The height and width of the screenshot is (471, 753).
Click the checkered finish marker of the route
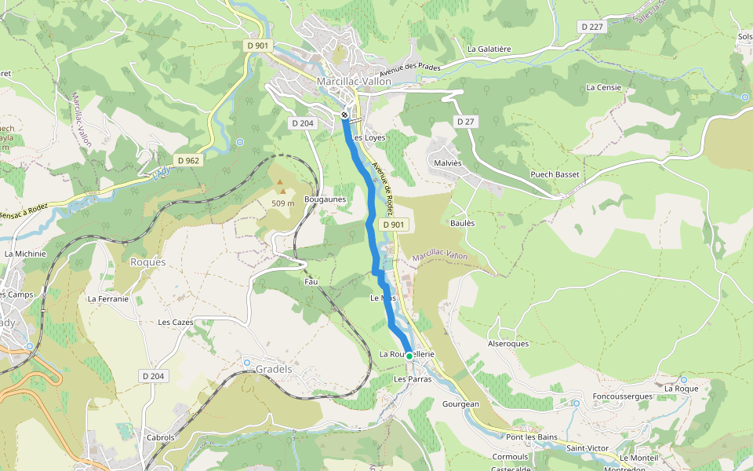click(345, 115)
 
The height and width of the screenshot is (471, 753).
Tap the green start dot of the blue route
click(409, 356)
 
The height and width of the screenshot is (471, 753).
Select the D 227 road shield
click(594, 27)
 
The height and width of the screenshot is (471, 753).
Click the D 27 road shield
click(466, 122)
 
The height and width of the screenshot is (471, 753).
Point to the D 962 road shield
click(189, 160)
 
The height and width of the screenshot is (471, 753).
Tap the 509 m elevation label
click(282, 203)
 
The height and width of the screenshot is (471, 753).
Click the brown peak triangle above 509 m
click(280, 182)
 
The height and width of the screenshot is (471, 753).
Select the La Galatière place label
click(489, 49)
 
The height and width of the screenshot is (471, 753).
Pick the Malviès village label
click(448, 163)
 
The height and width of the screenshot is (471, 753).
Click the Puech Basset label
click(555, 174)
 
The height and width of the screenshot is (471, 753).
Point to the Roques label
click(148, 262)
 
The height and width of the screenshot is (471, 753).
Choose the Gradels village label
click(273, 369)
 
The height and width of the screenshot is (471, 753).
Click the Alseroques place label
click(508, 344)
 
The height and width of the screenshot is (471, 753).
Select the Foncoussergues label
click(623, 396)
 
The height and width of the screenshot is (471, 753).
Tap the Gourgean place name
click(460, 403)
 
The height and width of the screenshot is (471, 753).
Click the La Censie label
click(604, 87)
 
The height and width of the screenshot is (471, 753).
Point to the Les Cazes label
click(176, 322)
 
